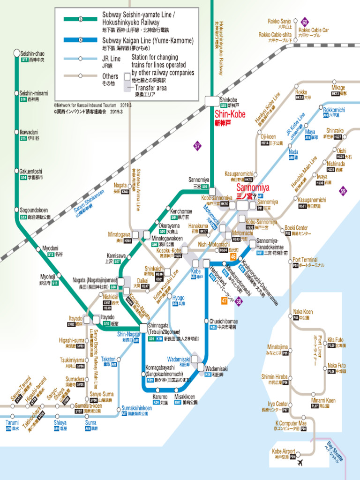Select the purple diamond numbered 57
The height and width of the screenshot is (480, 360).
pos(197,146)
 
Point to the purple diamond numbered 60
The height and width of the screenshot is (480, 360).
pos(305,22)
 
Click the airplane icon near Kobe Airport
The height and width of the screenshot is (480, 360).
pos(300,463)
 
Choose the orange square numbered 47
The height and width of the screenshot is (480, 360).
pos(225,300)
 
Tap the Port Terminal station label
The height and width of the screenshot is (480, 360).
pos(305,260)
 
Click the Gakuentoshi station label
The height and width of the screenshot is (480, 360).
pos(31,172)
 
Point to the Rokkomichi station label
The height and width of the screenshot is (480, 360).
pos(334,110)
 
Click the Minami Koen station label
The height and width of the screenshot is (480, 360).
pos(323,401)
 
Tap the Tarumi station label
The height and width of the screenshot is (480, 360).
pos(12,423)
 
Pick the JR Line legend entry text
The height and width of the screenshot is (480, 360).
pos(111,59)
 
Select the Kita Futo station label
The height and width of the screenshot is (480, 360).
pos(335,340)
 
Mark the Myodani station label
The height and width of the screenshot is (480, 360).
pos(51,248)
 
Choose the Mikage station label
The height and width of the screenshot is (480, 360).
pos(338,88)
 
